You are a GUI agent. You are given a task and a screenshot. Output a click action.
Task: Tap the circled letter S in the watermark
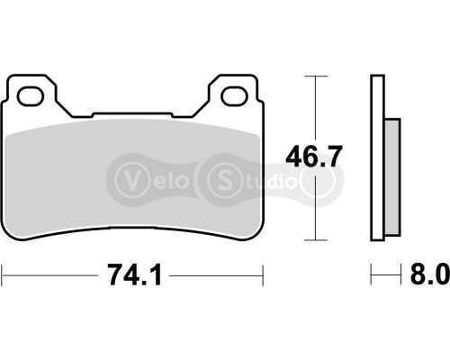[x=222, y=175]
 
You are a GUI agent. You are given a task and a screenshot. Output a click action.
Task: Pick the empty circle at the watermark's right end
[x=320, y=175]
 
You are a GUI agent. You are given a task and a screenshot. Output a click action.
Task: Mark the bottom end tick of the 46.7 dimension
[x=314, y=239]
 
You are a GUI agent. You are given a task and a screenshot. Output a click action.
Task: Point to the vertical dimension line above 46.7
[x=314, y=108]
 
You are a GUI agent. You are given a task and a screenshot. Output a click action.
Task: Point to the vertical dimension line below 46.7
[x=314, y=207]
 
